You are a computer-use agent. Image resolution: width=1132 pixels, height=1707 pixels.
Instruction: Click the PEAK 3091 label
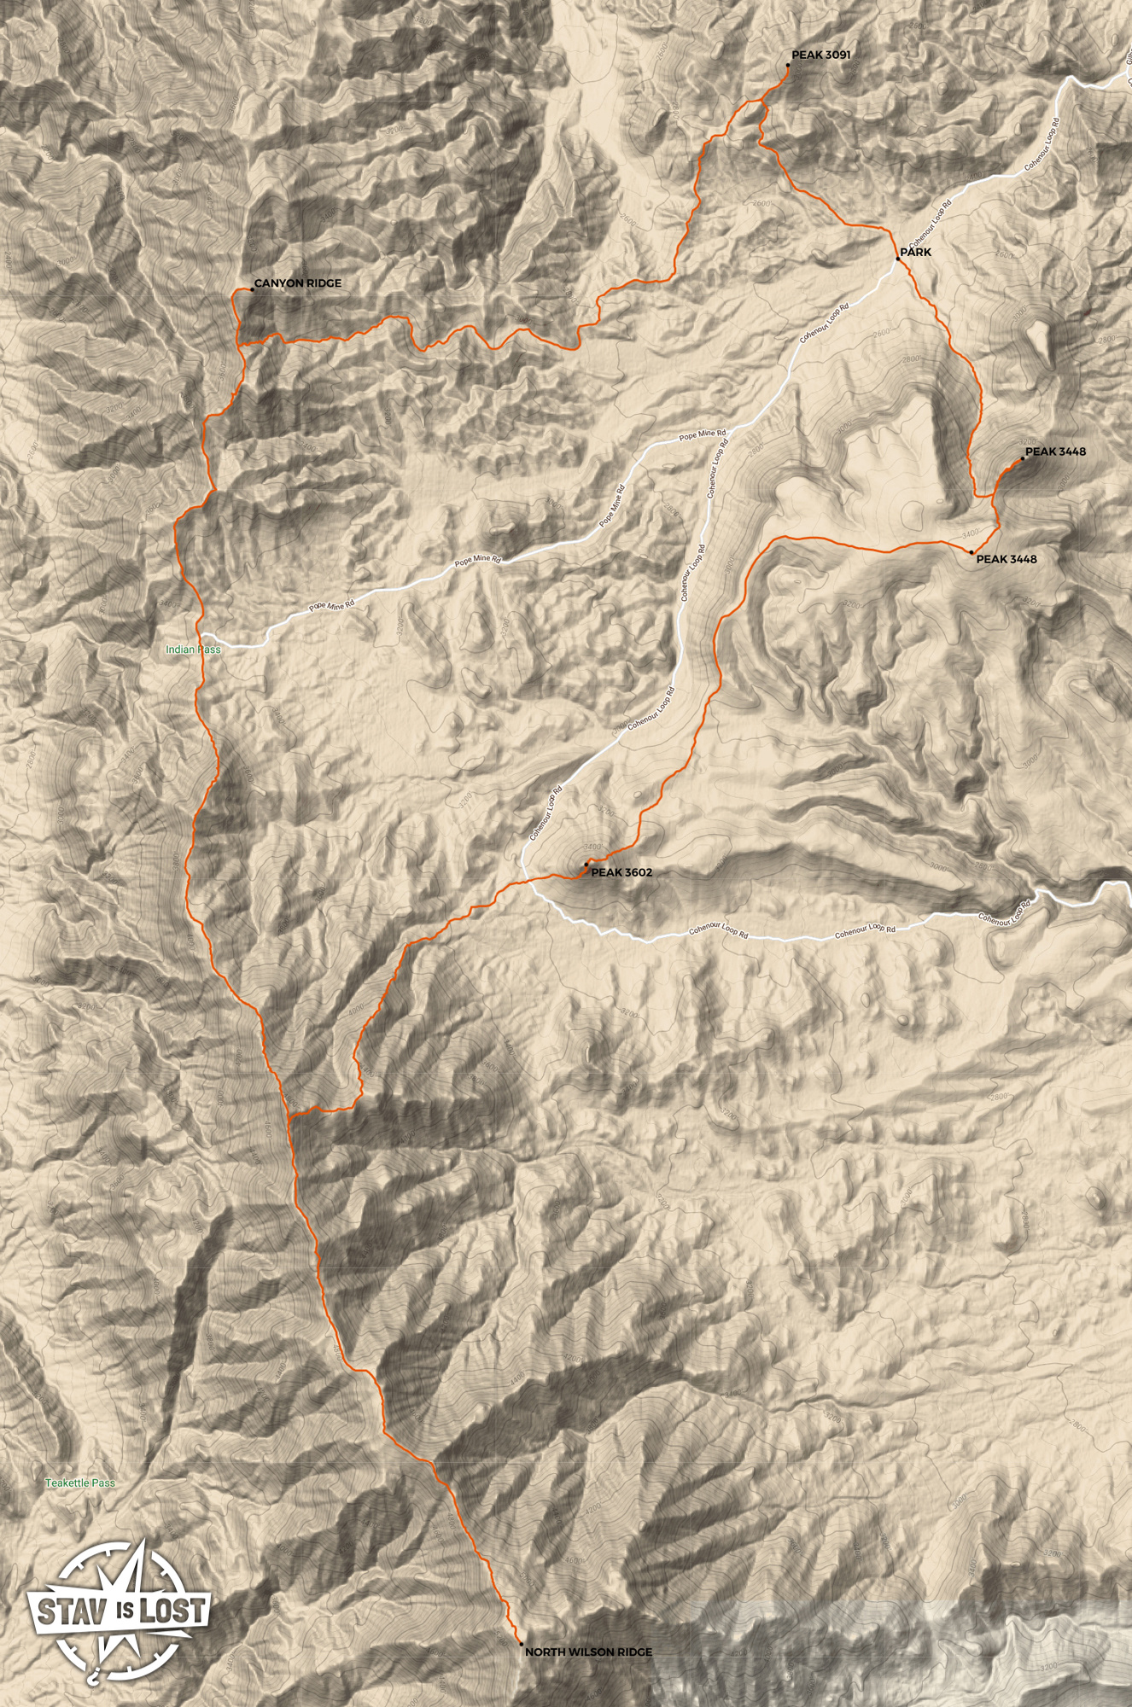[x=820, y=55]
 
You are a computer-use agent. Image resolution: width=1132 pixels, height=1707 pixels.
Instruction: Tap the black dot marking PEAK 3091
[x=787, y=64]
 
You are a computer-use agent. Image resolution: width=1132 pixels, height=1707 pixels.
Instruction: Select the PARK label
[x=916, y=253]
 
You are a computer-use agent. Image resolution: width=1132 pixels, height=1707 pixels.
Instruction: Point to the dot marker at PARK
[x=897, y=258]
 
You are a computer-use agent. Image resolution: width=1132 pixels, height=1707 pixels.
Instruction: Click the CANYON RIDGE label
[x=297, y=283]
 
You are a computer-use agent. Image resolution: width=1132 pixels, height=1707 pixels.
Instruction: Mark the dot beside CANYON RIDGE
[x=251, y=290]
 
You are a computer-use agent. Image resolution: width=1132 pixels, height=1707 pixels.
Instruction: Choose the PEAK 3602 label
[x=621, y=872]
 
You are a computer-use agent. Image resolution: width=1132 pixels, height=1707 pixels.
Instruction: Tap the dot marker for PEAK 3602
[x=586, y=865]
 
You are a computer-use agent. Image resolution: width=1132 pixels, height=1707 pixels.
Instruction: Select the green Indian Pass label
[x=193, y=650]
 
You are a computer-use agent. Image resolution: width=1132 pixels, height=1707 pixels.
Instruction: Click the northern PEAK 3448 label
[x=1055, y=452]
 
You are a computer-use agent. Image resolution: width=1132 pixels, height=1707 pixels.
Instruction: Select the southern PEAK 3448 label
[x=1007, y=559]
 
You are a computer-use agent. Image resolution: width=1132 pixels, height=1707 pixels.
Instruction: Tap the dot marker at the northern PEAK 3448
[x=1022, y=459]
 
